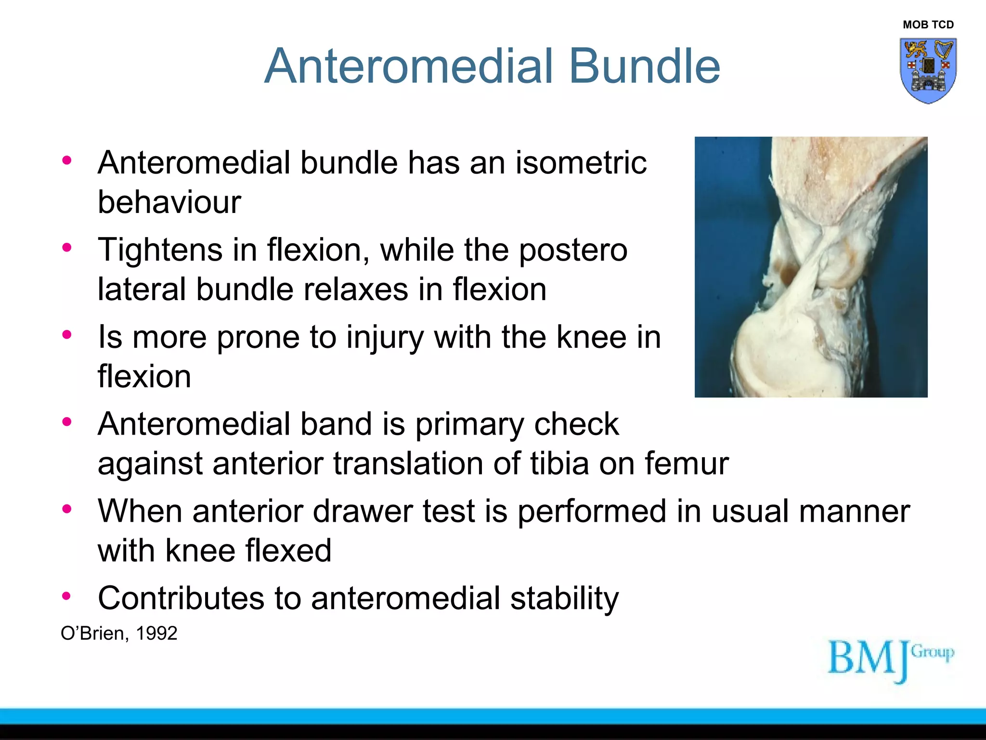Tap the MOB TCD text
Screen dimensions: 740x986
pyautogui.click(x=928, y=25)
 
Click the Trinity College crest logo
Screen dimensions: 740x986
pyautogui.click(x=928, y=70)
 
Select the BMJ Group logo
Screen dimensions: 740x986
pyautogui.click(x=891, y=660)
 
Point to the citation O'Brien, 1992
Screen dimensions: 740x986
pyautogui.click(x=119, y=633)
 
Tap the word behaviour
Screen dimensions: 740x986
pyautogui.click(x=169, y=202)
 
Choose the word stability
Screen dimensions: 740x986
pyautogui.click(x=564, y=598)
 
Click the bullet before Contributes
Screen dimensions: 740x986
pyautogui.click(x=66, y=596)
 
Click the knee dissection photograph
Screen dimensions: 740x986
pyautogui.click(x=811, y=267)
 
